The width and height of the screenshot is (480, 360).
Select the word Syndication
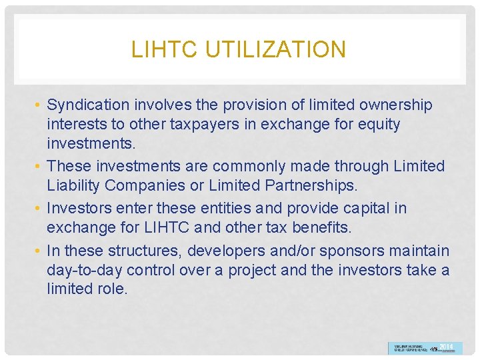coord(89,105)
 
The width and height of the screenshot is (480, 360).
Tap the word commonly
coord(266,166)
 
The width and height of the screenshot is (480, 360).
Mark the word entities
coord(201,208)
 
